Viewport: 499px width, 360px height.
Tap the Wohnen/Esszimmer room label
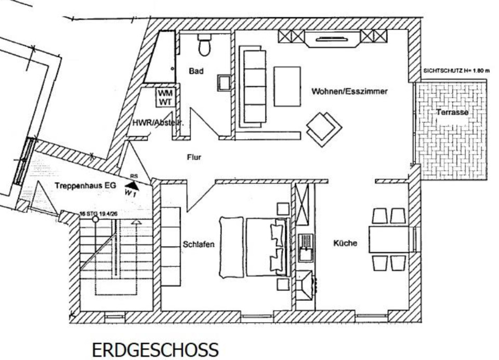coord(349,91)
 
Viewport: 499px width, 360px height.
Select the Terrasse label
coord(452,112)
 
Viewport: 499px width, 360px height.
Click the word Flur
coord(193,157)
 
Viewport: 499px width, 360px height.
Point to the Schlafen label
coord(199,244)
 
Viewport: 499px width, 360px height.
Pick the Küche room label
coord(346,243)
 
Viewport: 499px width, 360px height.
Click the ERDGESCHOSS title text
coord(155,349)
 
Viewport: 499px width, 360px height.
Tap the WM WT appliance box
coord(166,97)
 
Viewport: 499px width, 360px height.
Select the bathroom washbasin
coord(225,83)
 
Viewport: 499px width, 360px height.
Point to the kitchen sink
coord(305,248)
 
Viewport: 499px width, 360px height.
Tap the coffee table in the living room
coord(287,86)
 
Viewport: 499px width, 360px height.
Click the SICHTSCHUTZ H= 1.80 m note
coord(456,70)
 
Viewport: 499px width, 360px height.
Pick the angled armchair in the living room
coord(323,126)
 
